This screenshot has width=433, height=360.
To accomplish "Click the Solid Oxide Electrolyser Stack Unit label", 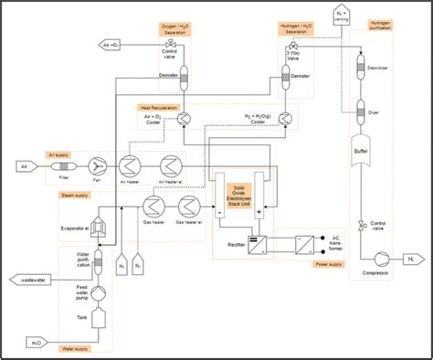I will [x=246, y=193].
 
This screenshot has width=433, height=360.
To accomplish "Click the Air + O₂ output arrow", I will [x=111, y=43].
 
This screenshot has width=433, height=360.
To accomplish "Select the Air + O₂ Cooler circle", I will [x=183, y=119].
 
